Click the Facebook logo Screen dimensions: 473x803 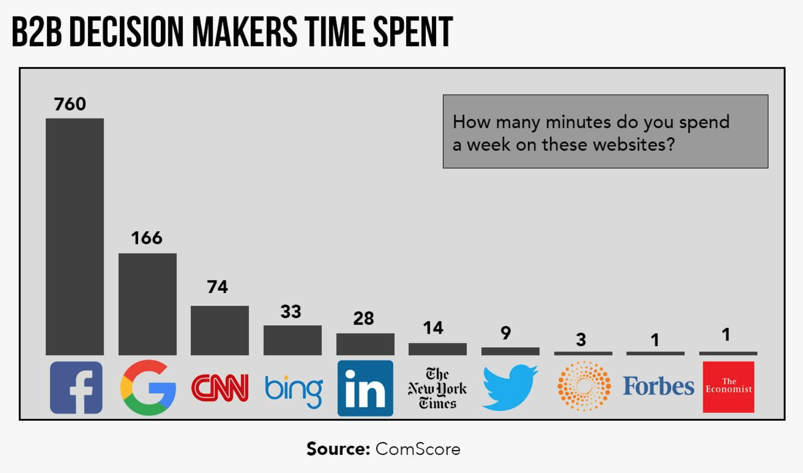pos(76,387)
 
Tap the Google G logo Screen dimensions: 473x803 pos(148,388)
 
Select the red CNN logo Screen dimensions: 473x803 pos(219,388)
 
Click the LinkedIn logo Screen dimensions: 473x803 pos(365,388)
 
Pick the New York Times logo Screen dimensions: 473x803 pos(437,388)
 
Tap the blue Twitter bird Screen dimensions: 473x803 pos(510,387)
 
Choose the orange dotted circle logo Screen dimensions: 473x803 pos(584,386)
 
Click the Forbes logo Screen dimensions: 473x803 pos(658,386)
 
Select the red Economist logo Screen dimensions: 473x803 pos(728,387)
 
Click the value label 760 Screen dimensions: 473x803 pos(70,104)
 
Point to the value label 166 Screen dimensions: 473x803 pos(147,238)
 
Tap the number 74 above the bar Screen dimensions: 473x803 pos(217,287)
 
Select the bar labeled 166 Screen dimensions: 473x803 pos(147,304)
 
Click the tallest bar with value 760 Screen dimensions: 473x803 pos(75,236)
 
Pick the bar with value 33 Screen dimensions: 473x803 pos(292,340)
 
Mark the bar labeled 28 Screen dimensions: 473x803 pos(365,344)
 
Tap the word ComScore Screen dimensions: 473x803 pos(418,449)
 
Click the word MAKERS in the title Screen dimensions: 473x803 pos(244,32)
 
